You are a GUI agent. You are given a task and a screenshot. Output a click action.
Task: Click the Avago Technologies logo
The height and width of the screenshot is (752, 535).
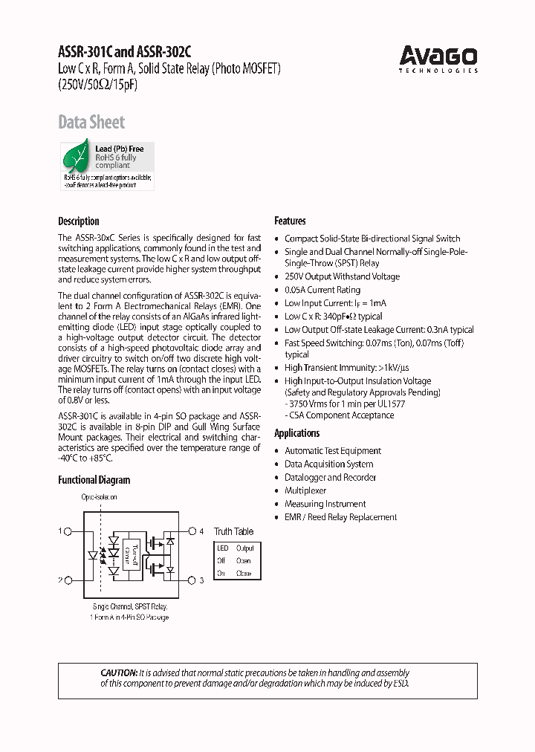coord(438,59)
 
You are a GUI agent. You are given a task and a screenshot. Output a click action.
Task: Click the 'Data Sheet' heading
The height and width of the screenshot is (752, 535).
coord(91,123)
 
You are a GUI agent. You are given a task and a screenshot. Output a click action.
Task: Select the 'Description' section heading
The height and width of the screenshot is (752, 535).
coord(79,221)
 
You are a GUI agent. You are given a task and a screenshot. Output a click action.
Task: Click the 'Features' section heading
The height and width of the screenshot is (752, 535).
coord(290,221)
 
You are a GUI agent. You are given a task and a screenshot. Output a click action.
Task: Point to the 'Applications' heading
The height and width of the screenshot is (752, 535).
coord(296,434)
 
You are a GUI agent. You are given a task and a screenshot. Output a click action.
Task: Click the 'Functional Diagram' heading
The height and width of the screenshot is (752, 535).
coord(94,480)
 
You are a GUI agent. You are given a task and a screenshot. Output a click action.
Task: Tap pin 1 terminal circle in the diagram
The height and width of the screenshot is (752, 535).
coord(69,531)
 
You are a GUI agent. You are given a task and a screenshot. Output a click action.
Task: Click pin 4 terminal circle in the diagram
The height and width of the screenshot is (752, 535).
coord(192,531)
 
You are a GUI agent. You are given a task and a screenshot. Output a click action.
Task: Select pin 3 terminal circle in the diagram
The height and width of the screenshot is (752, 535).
coord(192,580)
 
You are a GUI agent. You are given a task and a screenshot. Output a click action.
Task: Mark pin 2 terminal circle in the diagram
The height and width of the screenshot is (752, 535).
coord(69,580)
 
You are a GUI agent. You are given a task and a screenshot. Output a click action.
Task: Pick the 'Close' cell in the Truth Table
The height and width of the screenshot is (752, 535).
coord(244,574)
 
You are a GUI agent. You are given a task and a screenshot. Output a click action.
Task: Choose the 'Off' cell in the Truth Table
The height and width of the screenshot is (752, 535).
coord(221,561)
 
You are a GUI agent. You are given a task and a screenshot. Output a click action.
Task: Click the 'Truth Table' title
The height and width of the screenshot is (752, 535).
coord(233,532)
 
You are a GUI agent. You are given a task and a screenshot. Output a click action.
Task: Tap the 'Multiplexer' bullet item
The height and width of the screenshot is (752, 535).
coord(305,491)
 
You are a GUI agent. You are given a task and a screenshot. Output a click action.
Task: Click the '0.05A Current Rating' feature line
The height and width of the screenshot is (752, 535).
coord(322,290)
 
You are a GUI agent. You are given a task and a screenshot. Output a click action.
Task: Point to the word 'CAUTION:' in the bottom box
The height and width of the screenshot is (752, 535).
coord(119,672)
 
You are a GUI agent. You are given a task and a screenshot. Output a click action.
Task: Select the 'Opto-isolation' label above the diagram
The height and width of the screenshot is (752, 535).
coord(99,497)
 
